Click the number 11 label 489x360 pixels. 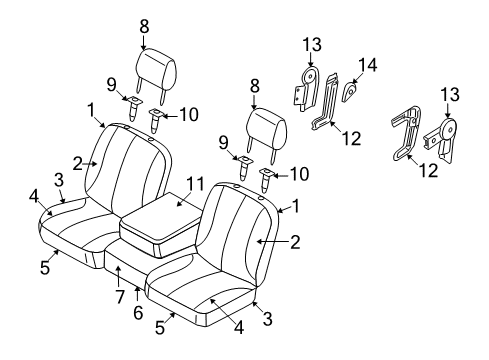click(195, 185)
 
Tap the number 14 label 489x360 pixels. click(367, 65)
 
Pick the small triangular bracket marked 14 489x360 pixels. click(350, 93)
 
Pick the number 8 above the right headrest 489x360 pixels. click(255, 87)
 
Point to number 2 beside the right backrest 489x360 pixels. click(294, 240)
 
